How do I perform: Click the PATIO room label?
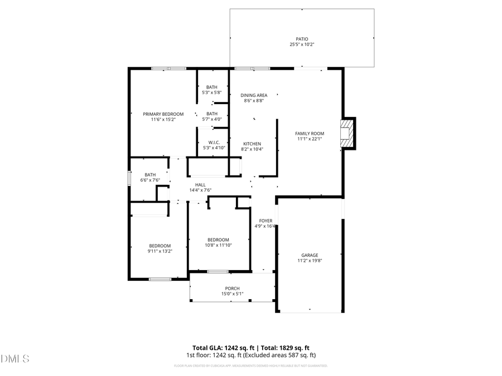click(302, 39)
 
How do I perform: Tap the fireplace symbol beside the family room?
click(348, 133)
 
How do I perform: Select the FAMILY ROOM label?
click(309, 133)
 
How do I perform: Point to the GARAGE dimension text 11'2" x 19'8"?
click(310, 260)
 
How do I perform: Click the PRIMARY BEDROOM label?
click(163, 114)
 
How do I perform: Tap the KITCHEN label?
click(251, 144)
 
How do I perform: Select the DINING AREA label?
click(254, 95)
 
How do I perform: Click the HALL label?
click(200, 185)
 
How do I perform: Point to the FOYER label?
click(266, 221)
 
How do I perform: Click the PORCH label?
click(232, 288)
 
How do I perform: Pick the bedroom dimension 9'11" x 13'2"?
click(160, 251)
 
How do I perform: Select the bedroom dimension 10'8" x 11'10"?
click(218, 245)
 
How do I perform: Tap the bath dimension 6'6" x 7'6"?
click(150, 180)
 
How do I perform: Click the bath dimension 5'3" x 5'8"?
click(211, 92)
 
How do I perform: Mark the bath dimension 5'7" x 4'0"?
click(212, 119)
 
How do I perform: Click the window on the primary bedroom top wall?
click(168, 69)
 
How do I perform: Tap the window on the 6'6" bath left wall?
click(129, 177)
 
